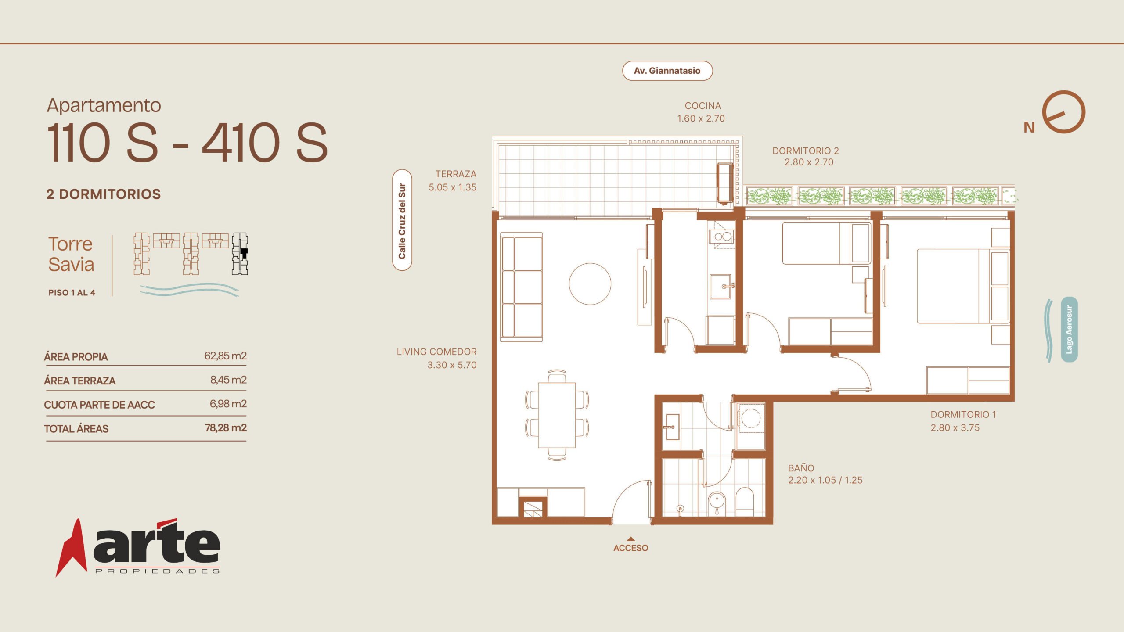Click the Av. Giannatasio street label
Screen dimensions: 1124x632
667,71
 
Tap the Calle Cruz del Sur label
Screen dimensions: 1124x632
402,220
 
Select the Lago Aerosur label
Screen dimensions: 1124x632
1069,330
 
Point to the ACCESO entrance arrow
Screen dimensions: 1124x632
630,539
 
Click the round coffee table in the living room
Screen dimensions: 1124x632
590,284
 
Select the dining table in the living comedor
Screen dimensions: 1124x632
557,415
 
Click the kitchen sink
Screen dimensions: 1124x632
721,287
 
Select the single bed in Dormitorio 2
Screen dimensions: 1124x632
826,243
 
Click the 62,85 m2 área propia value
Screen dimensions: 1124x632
225,355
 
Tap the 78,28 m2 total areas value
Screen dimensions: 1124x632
226,427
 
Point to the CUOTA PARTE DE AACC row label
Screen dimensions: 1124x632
99,405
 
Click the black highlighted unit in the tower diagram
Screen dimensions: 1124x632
244,253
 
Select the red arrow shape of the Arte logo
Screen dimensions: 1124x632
71,548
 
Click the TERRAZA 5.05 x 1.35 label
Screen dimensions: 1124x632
453,180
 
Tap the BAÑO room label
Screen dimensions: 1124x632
801,468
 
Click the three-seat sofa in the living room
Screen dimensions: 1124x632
522,287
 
